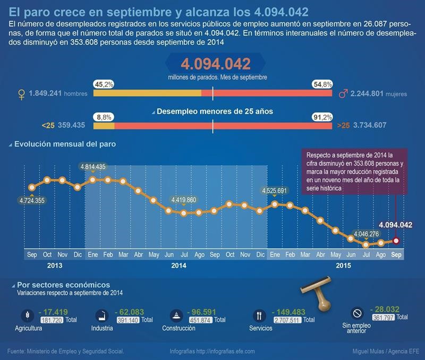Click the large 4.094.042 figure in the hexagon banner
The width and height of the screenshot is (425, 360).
click(216, 64)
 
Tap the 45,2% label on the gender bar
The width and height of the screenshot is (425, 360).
click(103, 84)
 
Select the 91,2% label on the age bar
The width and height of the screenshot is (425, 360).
click(323, 117)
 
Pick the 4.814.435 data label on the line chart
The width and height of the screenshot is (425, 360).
click(93, 167)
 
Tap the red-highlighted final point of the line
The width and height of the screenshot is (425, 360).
click(396, 241)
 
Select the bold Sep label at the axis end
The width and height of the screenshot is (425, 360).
click(396, 255)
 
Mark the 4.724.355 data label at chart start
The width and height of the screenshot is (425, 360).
click(32, 200)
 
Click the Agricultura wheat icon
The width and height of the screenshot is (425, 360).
click(27, 315)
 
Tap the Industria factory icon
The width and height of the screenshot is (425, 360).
click(101, 316)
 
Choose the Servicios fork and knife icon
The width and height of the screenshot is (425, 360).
click(259, 316)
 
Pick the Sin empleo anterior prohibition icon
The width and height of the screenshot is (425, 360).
click(357, 313)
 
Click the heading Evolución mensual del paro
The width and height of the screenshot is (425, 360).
click(65, 144)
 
